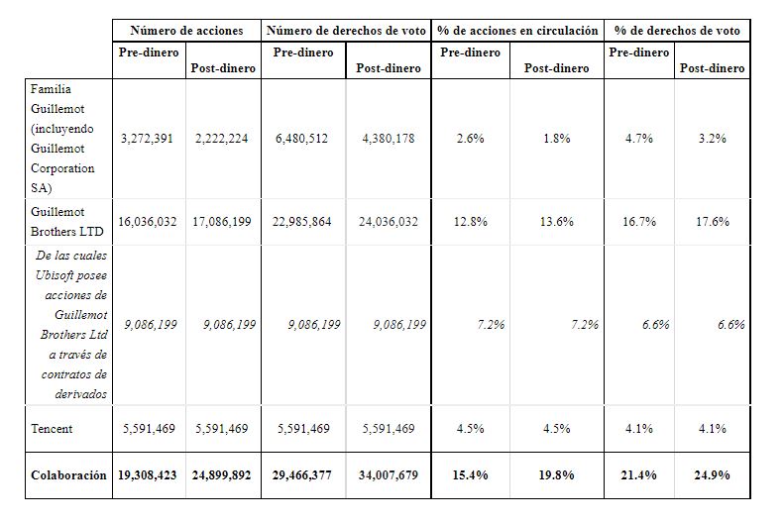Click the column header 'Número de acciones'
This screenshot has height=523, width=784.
186,31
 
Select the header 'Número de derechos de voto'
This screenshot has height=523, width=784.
346,31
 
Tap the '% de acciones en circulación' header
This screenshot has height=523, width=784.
517,31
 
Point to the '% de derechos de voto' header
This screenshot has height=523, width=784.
677,31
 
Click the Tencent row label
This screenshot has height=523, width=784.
52,429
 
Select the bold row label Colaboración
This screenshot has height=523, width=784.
68,475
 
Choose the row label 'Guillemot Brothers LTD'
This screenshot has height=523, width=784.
67,222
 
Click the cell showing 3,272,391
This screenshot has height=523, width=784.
147,139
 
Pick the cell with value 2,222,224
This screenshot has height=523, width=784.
221,139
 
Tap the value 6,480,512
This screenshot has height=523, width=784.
302,139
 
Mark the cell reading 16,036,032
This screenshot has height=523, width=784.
148,222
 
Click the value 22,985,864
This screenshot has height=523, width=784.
302,222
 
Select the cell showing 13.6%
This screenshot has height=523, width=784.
556,222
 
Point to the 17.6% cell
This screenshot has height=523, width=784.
713,222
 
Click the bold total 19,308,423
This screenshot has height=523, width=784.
148,475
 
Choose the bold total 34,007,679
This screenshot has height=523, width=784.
389,475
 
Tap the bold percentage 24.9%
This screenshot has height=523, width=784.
712,475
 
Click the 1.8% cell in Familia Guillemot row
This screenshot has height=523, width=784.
557,139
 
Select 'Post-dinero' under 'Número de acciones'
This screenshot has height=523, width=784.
223,68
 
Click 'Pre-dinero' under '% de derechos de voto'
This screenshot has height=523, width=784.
639,52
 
